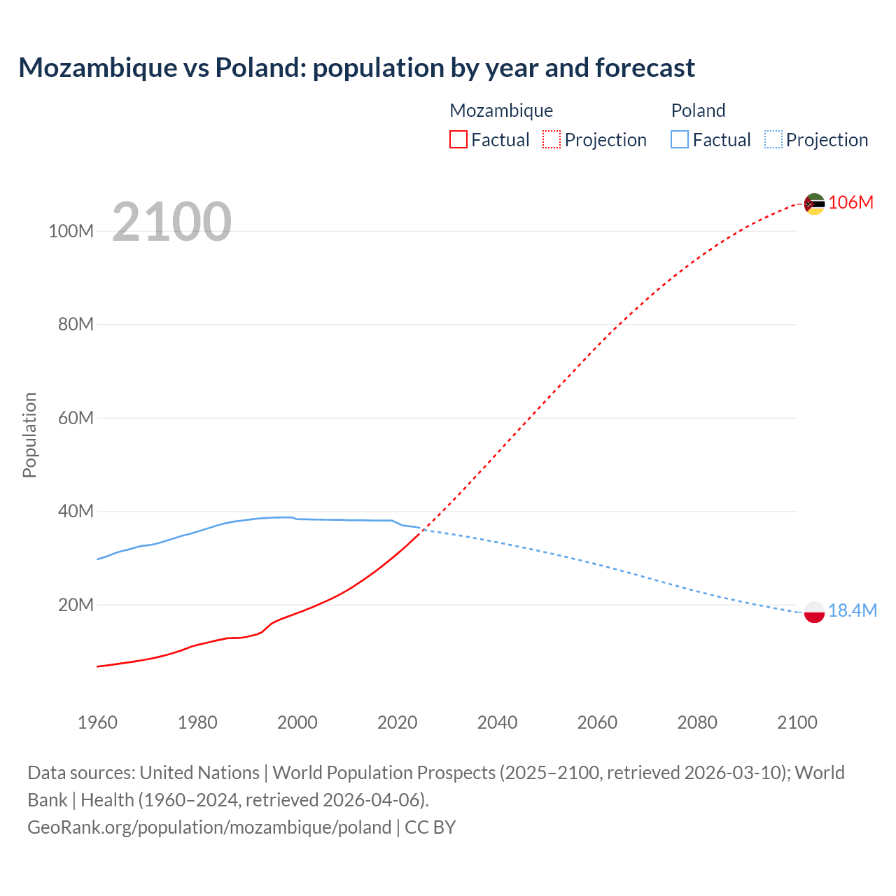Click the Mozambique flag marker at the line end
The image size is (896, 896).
click(814, 204)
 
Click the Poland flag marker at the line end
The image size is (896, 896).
click(814, 612)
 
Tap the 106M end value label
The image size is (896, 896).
click(850, 202)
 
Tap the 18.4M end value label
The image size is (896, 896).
click(852, 610)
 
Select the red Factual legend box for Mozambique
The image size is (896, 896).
click(458, 139)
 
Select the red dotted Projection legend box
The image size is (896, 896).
click(552, 139)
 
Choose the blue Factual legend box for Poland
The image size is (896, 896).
click(679, 139)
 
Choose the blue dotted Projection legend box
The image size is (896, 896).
click(773, 139)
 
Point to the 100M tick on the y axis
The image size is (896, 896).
click(71, 231)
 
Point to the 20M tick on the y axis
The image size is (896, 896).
click(76, 605)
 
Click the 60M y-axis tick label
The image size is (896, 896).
click(76, 418)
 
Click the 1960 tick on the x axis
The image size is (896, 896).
click(97, 722)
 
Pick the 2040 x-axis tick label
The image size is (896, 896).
click(497, 722)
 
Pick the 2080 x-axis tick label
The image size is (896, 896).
click(697, 722)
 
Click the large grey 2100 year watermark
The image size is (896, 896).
click(171, 221)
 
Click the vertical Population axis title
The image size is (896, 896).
click(29, 435)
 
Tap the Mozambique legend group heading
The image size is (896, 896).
click(501, 111)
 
